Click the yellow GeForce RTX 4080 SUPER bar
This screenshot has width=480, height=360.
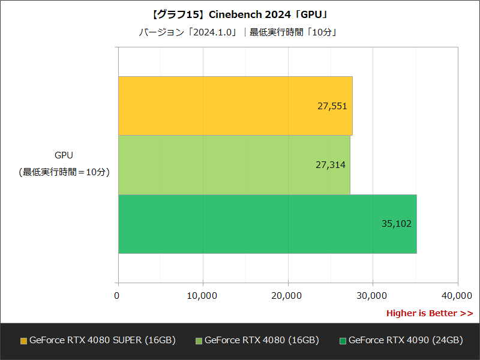[x=235, y=106]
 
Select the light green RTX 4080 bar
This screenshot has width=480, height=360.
[x=234, y=165]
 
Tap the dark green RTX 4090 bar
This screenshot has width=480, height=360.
[x=267, y=224]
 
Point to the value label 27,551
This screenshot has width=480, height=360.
[x=332, y=106]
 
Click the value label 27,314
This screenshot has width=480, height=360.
[x=331, y=165]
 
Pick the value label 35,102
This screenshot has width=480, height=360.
[x=397, y=224]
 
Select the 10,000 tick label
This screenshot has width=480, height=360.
[x=202, y=295]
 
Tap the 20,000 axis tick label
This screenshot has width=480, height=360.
[x=287, y=295]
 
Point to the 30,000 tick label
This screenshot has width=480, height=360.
[x=372, y=295]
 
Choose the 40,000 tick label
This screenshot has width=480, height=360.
[x=457, y=295]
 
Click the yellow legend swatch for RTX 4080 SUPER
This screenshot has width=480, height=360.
[x=23, y=341]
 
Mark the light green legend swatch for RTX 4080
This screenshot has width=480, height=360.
[x=199, y=341]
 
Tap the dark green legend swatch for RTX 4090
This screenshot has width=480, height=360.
[x=343, y=341]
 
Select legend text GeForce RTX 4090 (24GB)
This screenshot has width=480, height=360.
[x=406, y=340]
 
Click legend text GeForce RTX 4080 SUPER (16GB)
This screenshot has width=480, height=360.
[x=102, y=340]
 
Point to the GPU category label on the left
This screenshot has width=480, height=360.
[x=64, y=155]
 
